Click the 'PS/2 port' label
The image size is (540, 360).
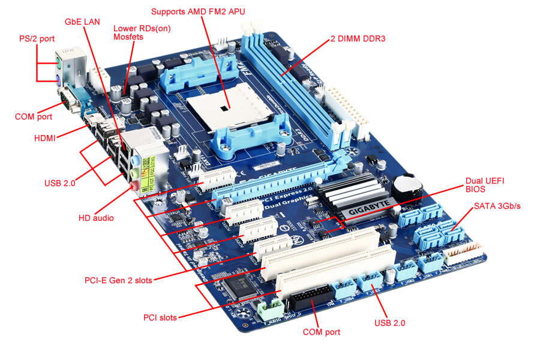[36, 39]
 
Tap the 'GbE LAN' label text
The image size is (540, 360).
[82, 21]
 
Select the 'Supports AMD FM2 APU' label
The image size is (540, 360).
[198, 11]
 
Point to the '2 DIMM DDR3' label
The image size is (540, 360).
[358, 38]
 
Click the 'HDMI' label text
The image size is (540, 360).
[45, 138]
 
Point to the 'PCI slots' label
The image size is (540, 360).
[160, 317]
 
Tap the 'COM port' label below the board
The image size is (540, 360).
[321, 332]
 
